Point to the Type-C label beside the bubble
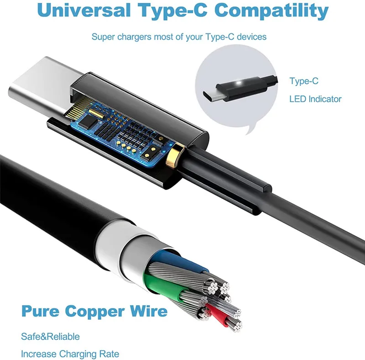(304, 81)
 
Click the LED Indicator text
(315, 99)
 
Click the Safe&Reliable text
(50, 337)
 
